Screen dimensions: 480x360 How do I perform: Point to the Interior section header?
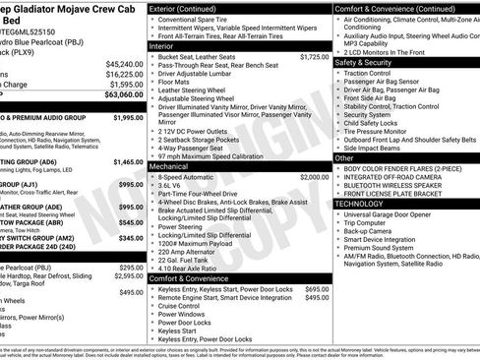point(161,46)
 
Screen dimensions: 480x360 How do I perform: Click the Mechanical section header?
point(169,167)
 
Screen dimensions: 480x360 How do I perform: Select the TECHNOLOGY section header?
point(361,203)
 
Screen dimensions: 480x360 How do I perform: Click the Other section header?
point(344,157)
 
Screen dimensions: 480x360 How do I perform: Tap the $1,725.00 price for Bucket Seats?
point(314,57)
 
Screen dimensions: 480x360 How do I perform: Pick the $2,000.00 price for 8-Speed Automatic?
point(314,177)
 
